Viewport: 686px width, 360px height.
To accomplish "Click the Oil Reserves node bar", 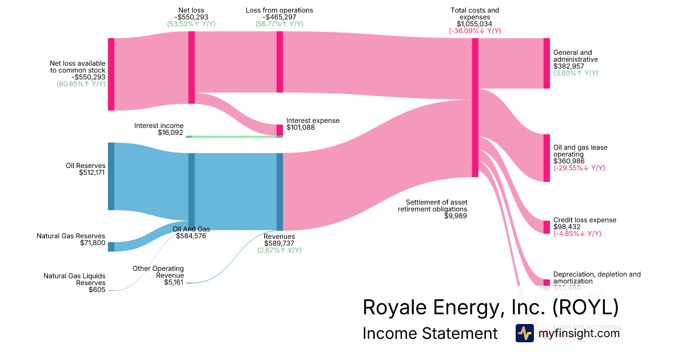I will (x=111, y=176).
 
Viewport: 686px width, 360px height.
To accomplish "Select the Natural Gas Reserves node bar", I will (x=111, y=246).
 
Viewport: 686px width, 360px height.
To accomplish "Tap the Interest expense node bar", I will (x=280, y=130).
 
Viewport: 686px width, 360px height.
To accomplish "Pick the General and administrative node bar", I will (x=547, y=63).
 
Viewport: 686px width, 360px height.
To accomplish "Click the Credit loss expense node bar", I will (x=547, y=227).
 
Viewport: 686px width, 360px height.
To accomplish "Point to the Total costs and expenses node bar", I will (x=475, y=107).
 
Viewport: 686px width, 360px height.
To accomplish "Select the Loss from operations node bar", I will (x=280, y=62).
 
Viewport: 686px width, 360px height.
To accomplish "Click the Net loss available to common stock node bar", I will (x=111, y=74).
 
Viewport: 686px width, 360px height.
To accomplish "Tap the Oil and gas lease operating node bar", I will (x=547, y=158).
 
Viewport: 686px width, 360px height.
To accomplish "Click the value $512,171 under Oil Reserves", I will (x=92, y=173).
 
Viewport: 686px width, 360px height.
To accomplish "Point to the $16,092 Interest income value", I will (x=170, y=133).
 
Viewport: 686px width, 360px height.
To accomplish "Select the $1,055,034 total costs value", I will (x=474, y=24).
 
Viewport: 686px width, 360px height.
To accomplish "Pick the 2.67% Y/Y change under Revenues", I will (x=279, y=250).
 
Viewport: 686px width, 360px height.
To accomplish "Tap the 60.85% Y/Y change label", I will (x=81, y=84).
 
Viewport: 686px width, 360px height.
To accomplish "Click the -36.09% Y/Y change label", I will (x=474, y=31).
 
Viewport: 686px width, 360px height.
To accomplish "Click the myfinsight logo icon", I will (x=524, y=333).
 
